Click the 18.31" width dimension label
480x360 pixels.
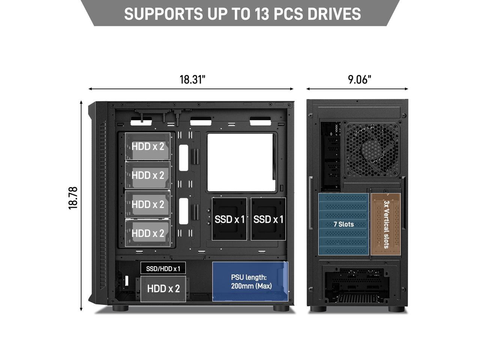pos(192,79)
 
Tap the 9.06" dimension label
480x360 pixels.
pos(359,79)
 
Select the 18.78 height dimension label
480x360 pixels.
pos(73,198)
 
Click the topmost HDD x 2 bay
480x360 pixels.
pos(148,146)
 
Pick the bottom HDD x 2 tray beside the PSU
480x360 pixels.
pos(163,289)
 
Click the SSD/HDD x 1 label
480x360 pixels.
pos(163,268)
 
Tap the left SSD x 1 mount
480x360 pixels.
pos(229,219)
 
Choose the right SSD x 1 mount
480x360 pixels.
pos(268,219)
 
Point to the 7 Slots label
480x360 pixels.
pos(343,224)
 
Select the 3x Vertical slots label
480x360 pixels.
pos(386,224)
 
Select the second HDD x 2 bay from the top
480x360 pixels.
pos(148,175)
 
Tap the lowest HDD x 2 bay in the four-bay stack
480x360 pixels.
pos(148,233)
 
